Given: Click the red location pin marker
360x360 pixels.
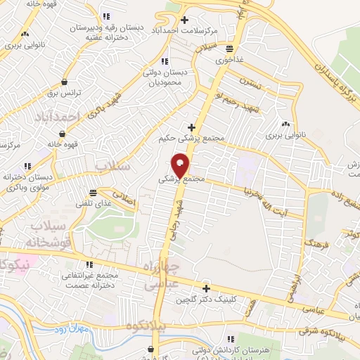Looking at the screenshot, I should [182, 165].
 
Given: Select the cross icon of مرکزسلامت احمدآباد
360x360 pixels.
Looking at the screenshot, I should [185, 20].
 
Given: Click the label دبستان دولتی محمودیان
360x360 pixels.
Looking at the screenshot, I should [165, 77].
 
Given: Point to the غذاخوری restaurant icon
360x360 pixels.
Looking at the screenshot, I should [230, 49].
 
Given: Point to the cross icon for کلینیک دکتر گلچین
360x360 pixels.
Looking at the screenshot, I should [206, 288].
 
